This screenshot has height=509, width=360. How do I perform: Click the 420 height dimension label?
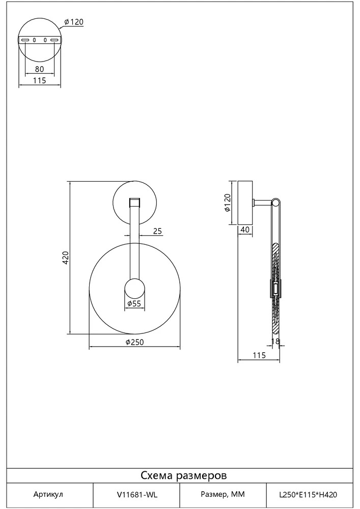(x=66, y=258)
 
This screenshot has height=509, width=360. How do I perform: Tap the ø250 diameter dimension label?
(x=134, y=342)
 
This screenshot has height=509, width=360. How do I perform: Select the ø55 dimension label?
(x=134, y=303)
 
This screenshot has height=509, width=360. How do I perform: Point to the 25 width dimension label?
(x=157, y=231)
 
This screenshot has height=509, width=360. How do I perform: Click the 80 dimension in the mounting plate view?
(x=39, y=69)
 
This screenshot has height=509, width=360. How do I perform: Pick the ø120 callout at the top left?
(x=74, y=22)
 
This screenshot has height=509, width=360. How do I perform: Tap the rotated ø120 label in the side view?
(x=227, y=203)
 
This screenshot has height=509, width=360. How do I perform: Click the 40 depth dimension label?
(x=245, y=230)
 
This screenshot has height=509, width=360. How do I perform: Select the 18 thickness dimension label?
(x=275, y=341)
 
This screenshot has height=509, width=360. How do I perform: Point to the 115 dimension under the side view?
(x=259, y=355)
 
